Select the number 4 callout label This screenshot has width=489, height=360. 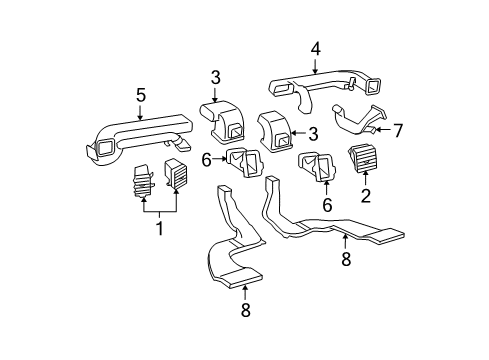(x=315, y=47)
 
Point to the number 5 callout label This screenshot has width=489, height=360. (x=141, y=96)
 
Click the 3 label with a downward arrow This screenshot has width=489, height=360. (x=216, y=78)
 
